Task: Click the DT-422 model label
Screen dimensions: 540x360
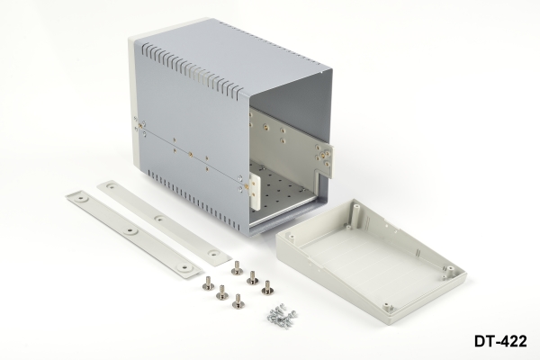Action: point(500,341)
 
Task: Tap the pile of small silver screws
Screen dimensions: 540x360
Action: point(282,316)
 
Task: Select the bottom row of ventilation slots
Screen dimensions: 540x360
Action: point(194,200)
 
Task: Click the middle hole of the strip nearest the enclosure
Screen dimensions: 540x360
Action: point(159,219)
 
